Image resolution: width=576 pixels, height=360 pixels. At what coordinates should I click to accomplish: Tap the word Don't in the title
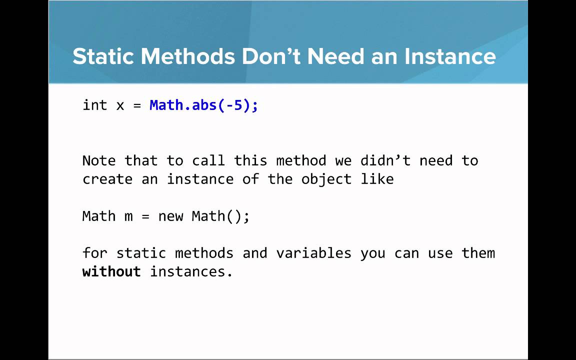coord(271,56)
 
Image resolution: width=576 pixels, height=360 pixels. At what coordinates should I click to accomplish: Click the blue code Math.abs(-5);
coord(203,105)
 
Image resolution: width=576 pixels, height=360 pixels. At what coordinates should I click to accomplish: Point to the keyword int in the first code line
coord(95,105)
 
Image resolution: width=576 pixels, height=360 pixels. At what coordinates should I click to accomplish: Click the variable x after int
coord(120,105)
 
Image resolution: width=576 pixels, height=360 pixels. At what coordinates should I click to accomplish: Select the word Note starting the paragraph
coord(99,160)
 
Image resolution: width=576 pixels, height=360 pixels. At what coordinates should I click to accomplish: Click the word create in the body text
coord(107,179)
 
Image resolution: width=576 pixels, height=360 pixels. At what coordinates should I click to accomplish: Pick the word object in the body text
coord(326,179)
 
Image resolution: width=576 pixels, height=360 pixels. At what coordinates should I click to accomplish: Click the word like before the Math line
coord(377,179)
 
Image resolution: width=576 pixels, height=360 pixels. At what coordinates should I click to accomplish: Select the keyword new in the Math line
coord(170,216)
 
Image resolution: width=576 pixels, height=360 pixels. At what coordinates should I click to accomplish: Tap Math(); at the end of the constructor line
coord(220,216)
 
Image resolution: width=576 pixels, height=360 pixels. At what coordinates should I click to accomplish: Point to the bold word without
coord(111,271)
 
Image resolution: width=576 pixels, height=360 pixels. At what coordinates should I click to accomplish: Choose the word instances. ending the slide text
coord(191,271)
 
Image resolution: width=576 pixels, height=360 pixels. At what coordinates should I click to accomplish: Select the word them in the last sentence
coord(478,253)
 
